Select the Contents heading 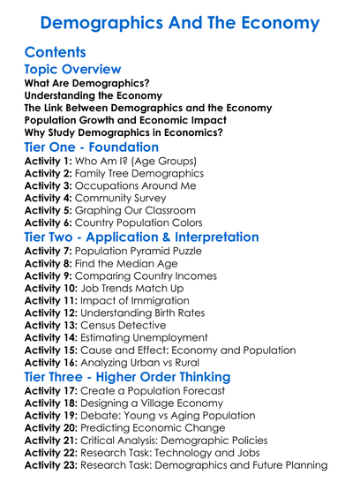[x=56, y=52]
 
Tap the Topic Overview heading [x=73, y=70]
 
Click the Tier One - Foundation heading [x=92, y=147]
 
